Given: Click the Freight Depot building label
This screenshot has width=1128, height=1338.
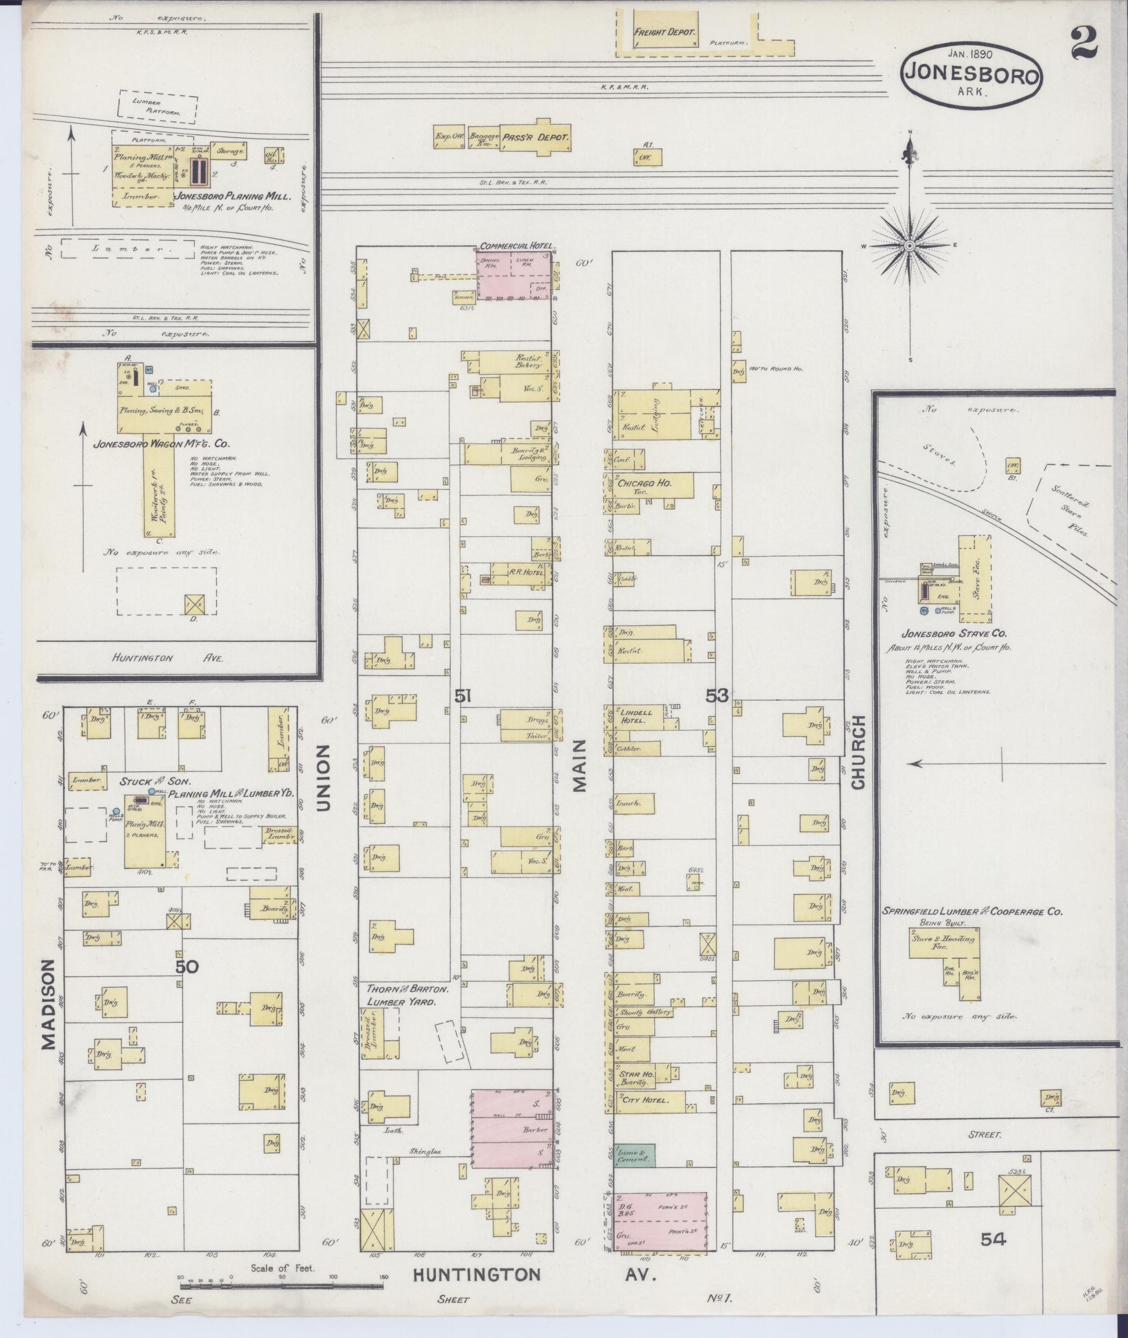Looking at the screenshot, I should (x=664, y=32).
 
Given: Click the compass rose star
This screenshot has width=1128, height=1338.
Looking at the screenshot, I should (x=909, y=246).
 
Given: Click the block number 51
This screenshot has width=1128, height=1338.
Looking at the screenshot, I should (x=463, y=696).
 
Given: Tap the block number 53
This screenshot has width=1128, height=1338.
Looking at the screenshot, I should (x=717, y=696).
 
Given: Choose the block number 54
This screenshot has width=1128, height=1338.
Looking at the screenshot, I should (x=993, y=1257).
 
